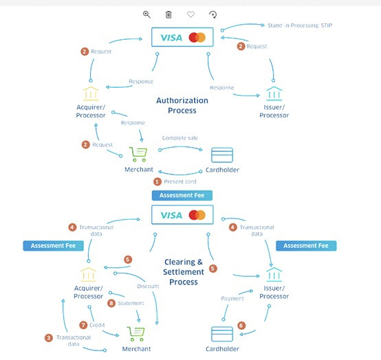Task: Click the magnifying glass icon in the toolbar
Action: click(146, 14)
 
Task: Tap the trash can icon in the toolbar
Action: click(168, 14)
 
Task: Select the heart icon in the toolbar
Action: click(190, 14)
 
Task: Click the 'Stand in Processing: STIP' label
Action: click(300, 25)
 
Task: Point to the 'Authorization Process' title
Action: click(182, 105)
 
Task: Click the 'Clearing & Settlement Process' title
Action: click(184, 272)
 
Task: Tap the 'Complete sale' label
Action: click(180, 138)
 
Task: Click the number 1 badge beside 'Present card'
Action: click(157, 181)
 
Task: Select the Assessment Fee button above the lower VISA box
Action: click(182, 195)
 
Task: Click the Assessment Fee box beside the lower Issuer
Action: click(306, 246)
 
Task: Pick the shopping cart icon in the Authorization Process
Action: click(138, 155)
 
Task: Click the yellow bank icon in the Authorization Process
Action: click(91, 93)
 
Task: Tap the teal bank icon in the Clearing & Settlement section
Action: click(274, 274)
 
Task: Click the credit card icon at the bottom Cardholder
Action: click(222, 334)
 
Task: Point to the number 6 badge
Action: click(241, 326)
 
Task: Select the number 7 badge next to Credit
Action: click(83, 325)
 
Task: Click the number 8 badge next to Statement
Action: click(111, 303)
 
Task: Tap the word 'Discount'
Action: click(148, 286)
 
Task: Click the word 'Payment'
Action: click(232, 299)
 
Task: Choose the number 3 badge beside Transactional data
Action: click(49, 338)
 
